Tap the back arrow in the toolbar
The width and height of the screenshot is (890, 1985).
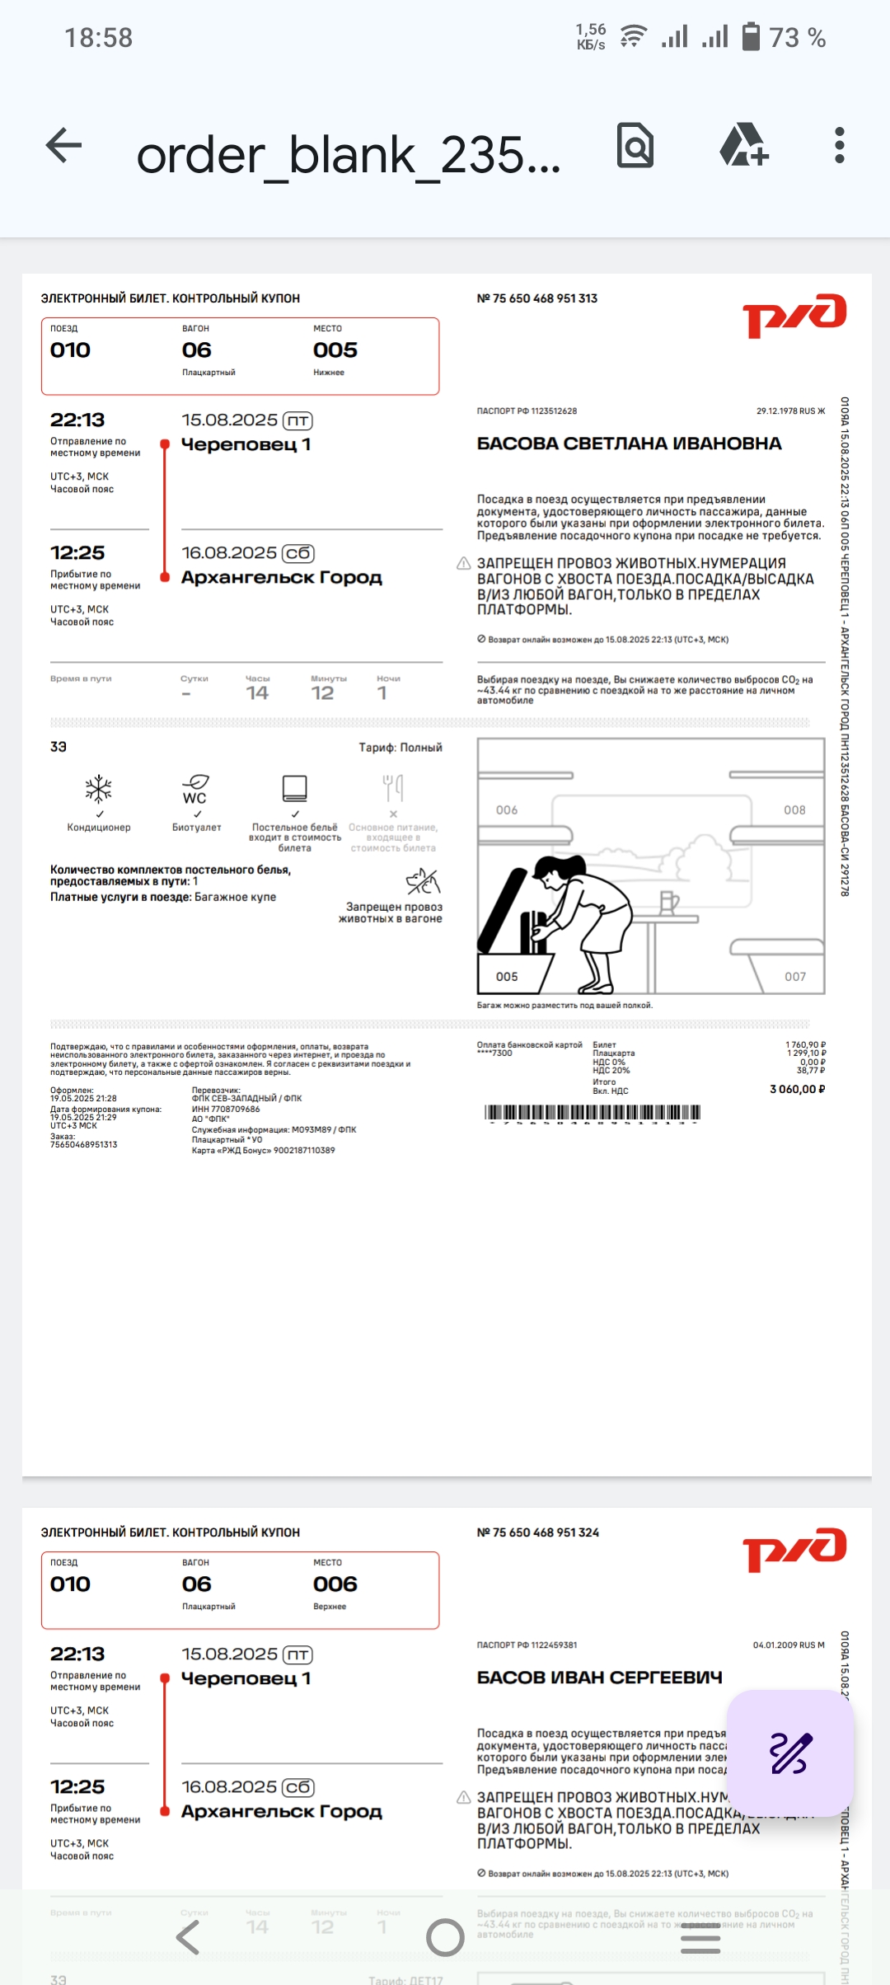pyautogui.click(x=63, y=146)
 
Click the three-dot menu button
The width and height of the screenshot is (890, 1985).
pyautogui.click(x=839, y=146)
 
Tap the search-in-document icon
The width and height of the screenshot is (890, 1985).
pyautogui.click(x=635, y=146)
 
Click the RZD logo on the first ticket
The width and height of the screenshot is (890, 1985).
pyautogui.click(x=794, y=315)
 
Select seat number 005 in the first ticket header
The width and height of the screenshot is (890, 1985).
pyautogui.click(x=335, y=350)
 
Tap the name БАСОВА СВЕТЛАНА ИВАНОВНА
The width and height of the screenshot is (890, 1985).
pyautogui.click(x=629, y=443)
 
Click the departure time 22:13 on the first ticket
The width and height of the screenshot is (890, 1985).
pyautogui.click(x=77, y=420)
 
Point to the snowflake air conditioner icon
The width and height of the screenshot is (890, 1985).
pyautogui.click(x=99, y=789)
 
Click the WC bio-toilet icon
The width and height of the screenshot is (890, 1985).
pyautogui.click(x=195, y=789)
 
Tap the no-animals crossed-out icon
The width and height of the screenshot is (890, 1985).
pyautogui.click(x=423, y=882)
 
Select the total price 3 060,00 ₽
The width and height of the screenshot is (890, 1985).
pyautogui.click(x=797, y=1089)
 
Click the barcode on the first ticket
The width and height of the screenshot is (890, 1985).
pyautogui.click(x=593, y=1113)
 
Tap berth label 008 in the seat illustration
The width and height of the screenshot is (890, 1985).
pyautogui.click(x=794, y=810)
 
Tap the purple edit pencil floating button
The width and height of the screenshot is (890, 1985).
pyautogui.click(x=790, y=1754)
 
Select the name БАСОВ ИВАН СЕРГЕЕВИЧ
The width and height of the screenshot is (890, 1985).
pyautogui.click(x=599, y=1678)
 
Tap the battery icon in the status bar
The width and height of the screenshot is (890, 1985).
pyautogui.click(x=751, y=37)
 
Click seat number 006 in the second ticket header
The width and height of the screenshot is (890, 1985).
pyautogui.click(x=335, y=1584)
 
